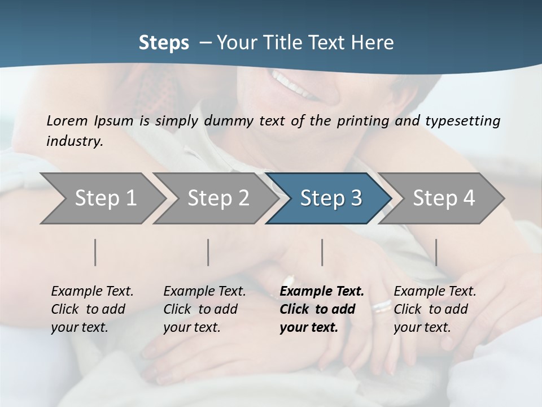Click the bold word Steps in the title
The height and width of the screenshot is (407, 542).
(x=164, y=43)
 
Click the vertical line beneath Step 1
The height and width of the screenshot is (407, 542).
(x=95, y=252)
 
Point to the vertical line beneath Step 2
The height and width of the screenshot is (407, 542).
(x=208, y=252)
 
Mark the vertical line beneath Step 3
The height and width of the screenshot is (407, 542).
(x=322, y=252)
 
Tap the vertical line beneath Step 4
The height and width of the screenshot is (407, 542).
(x=436, y=252)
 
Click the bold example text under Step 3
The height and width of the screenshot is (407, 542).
(x=321, y=309)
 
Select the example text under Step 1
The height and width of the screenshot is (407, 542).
(x=92, y=309)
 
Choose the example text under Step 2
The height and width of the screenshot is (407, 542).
(x=204, y=309)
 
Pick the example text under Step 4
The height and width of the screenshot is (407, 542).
(x=434, y=309)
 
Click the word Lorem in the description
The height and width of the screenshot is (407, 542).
(x=67, y=120)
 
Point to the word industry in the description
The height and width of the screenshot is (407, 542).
(x=75, y=141)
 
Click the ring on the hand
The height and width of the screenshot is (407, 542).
(x=382, y=306)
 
